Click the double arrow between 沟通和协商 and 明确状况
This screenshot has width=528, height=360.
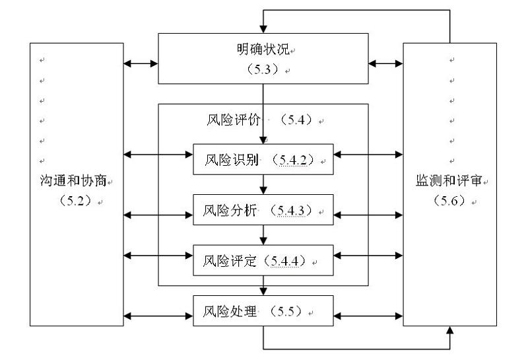point(141,64)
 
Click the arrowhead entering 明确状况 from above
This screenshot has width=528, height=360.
point(264,29)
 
